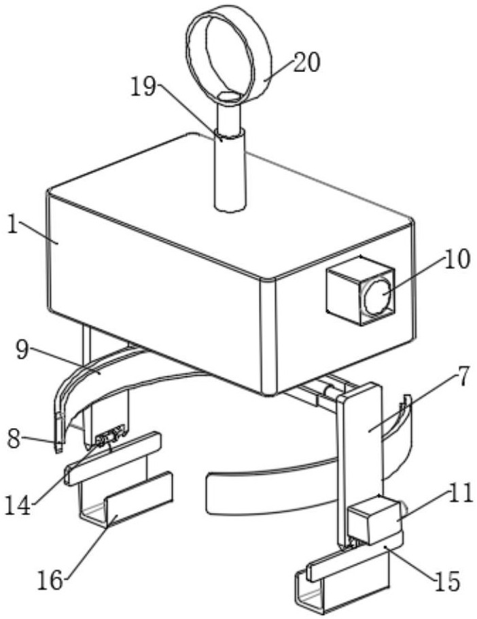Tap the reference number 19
pyautogui.click(x=143, y=87)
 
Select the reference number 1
pyautogui.click(x=13, y=225)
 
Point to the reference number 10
pyautogui.click(x=457, y=260)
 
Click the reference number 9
pyautogui.click(x=22, y=350)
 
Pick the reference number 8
pyautogui.click(x=14, y=439)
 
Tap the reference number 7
pyautogui.click(x=463, y=376)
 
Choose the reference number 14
pyautogui.click(x=18, y=506)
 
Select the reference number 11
pyautogui.click(x=461, y=493)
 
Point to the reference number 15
pyautogui.click(x=448, y=581)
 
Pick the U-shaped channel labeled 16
pyautogui.click(x=126, y=499)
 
